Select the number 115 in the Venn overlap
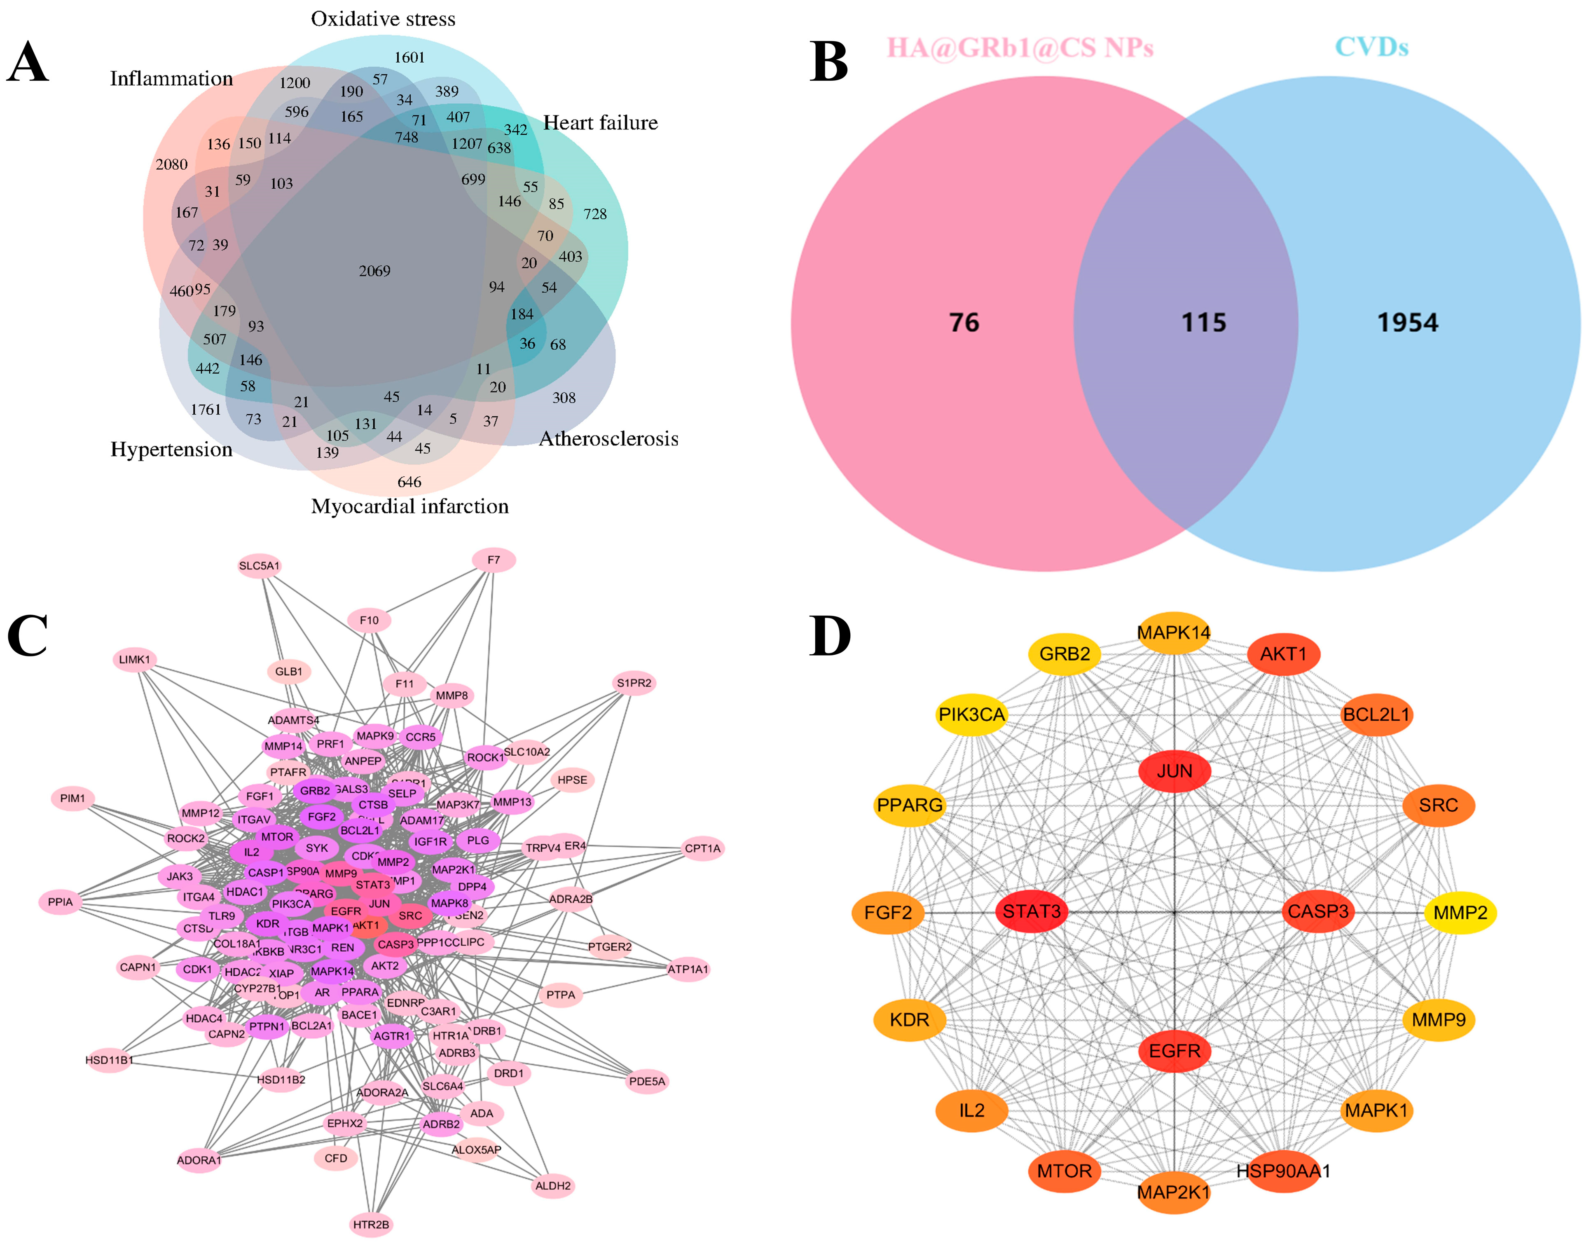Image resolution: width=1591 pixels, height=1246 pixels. pos(1204,323)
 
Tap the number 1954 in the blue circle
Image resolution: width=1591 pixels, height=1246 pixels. pos(1407,323)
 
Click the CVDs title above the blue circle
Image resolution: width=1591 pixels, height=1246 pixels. pos(1371,47)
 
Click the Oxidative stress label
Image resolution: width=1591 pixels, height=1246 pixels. pos(383,19)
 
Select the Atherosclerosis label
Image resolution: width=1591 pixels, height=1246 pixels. pos(608,438)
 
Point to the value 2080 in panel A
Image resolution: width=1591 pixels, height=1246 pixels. pos(171,164)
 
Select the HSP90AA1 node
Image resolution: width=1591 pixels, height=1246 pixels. pos(1283,1171)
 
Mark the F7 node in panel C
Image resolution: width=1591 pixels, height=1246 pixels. pos(494,560)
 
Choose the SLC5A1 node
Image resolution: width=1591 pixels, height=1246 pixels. pos(259,565)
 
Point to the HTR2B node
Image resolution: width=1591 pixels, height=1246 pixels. pos(371,1224)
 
